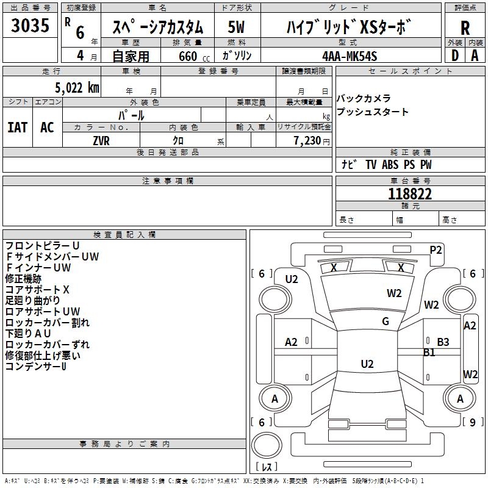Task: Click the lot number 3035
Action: point(30,25)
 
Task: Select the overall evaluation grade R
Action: point(465,28)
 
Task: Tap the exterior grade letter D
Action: point(455,56)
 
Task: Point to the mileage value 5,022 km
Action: point(77,88)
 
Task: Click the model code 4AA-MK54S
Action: point(350,56)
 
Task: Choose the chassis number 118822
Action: point(410,194)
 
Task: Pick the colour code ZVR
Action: point(101,141)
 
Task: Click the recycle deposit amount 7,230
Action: point(307,141)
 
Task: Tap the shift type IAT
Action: point(18,127)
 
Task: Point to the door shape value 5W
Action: point(236,27)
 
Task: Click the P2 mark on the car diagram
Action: point(436,250)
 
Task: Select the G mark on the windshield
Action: point(386,321)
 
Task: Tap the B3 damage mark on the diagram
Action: point(443,342)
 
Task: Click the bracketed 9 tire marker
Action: point(473,422)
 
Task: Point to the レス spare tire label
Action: point(267,467)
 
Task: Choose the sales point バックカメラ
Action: point(363,98)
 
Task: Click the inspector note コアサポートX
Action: point(37,290)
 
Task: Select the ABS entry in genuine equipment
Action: point(390,164)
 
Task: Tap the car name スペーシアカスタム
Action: point(157,27)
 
